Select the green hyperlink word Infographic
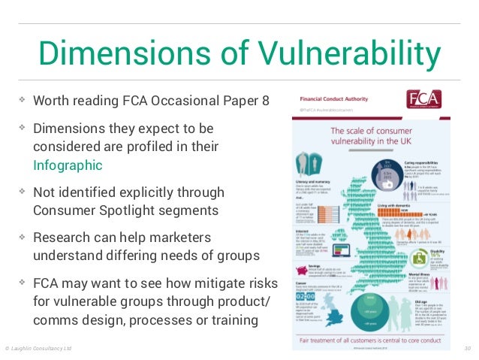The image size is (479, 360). [67, 165]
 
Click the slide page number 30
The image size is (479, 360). [466, 349]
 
